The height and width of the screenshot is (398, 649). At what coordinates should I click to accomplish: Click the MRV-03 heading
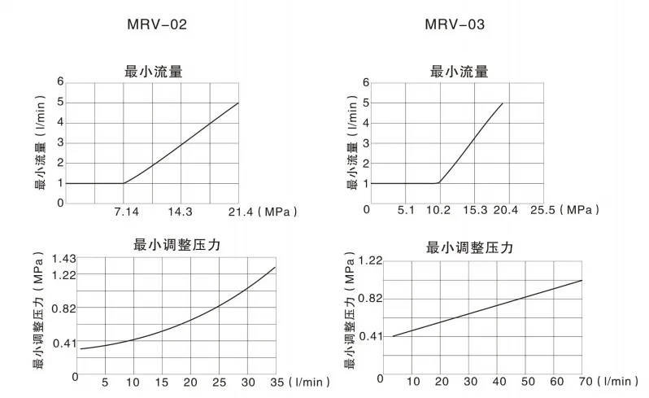click(x=455, y=24)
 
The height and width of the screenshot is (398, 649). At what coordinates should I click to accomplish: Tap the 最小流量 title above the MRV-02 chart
click(x=153, y=72)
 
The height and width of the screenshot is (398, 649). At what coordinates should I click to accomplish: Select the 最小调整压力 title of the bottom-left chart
click(x=177, y=243)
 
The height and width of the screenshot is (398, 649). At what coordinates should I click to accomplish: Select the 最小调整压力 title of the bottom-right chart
click(x=470, y=247)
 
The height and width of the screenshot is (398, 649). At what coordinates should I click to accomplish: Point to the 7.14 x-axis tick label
click(x=126, y=212)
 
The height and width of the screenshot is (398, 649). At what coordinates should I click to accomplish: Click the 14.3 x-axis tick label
click(x=180, y=212)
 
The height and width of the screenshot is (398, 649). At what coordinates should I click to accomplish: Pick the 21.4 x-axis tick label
click(x=237, y=212)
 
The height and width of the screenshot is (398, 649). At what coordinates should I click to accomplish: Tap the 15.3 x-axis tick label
click(x=474, y=210)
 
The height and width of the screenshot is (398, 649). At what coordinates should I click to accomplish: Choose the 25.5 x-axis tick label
click(x=542, y=210)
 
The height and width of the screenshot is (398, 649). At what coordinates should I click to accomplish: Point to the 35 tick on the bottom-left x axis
click(x=276, y=382)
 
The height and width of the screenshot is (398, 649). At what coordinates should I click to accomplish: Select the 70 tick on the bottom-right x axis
click(x=584, y=380)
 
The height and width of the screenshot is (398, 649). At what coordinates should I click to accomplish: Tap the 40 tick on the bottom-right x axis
click(x=499, y=380)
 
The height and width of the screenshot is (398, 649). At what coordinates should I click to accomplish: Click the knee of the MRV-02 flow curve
click(x=124, y=182)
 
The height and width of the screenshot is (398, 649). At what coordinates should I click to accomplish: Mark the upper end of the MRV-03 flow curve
click(x=503, y=103)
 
